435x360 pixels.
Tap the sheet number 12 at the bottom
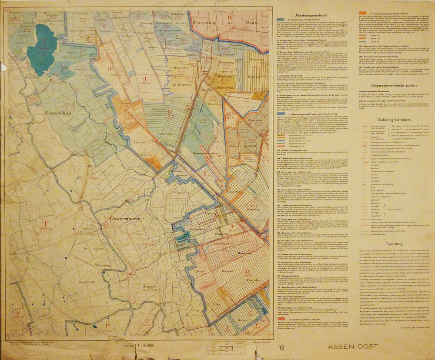283,347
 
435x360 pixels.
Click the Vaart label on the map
150,286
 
